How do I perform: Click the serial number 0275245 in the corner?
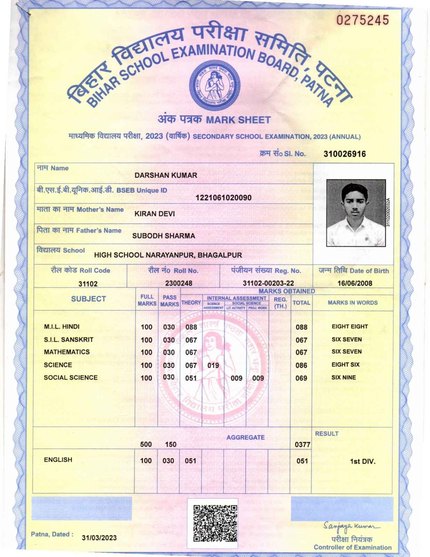point(362,21)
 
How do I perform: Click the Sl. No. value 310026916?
point(344,154)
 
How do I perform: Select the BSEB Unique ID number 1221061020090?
point(224,198)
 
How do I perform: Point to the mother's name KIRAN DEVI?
point(154,214)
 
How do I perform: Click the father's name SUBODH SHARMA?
point(164,236)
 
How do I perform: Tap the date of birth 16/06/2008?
point(355,283)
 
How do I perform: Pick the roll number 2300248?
point(178,283)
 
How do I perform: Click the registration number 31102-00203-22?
point(268,283)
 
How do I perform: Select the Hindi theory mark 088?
point(191,327)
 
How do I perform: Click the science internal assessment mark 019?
point(213,365)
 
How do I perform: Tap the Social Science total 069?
point(301,378)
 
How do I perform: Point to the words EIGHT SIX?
point(345,364)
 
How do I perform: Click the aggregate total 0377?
point(302,445)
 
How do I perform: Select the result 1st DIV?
point(363,462)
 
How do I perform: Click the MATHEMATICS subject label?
point(66,352)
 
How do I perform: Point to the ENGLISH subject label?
point(58,460)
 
